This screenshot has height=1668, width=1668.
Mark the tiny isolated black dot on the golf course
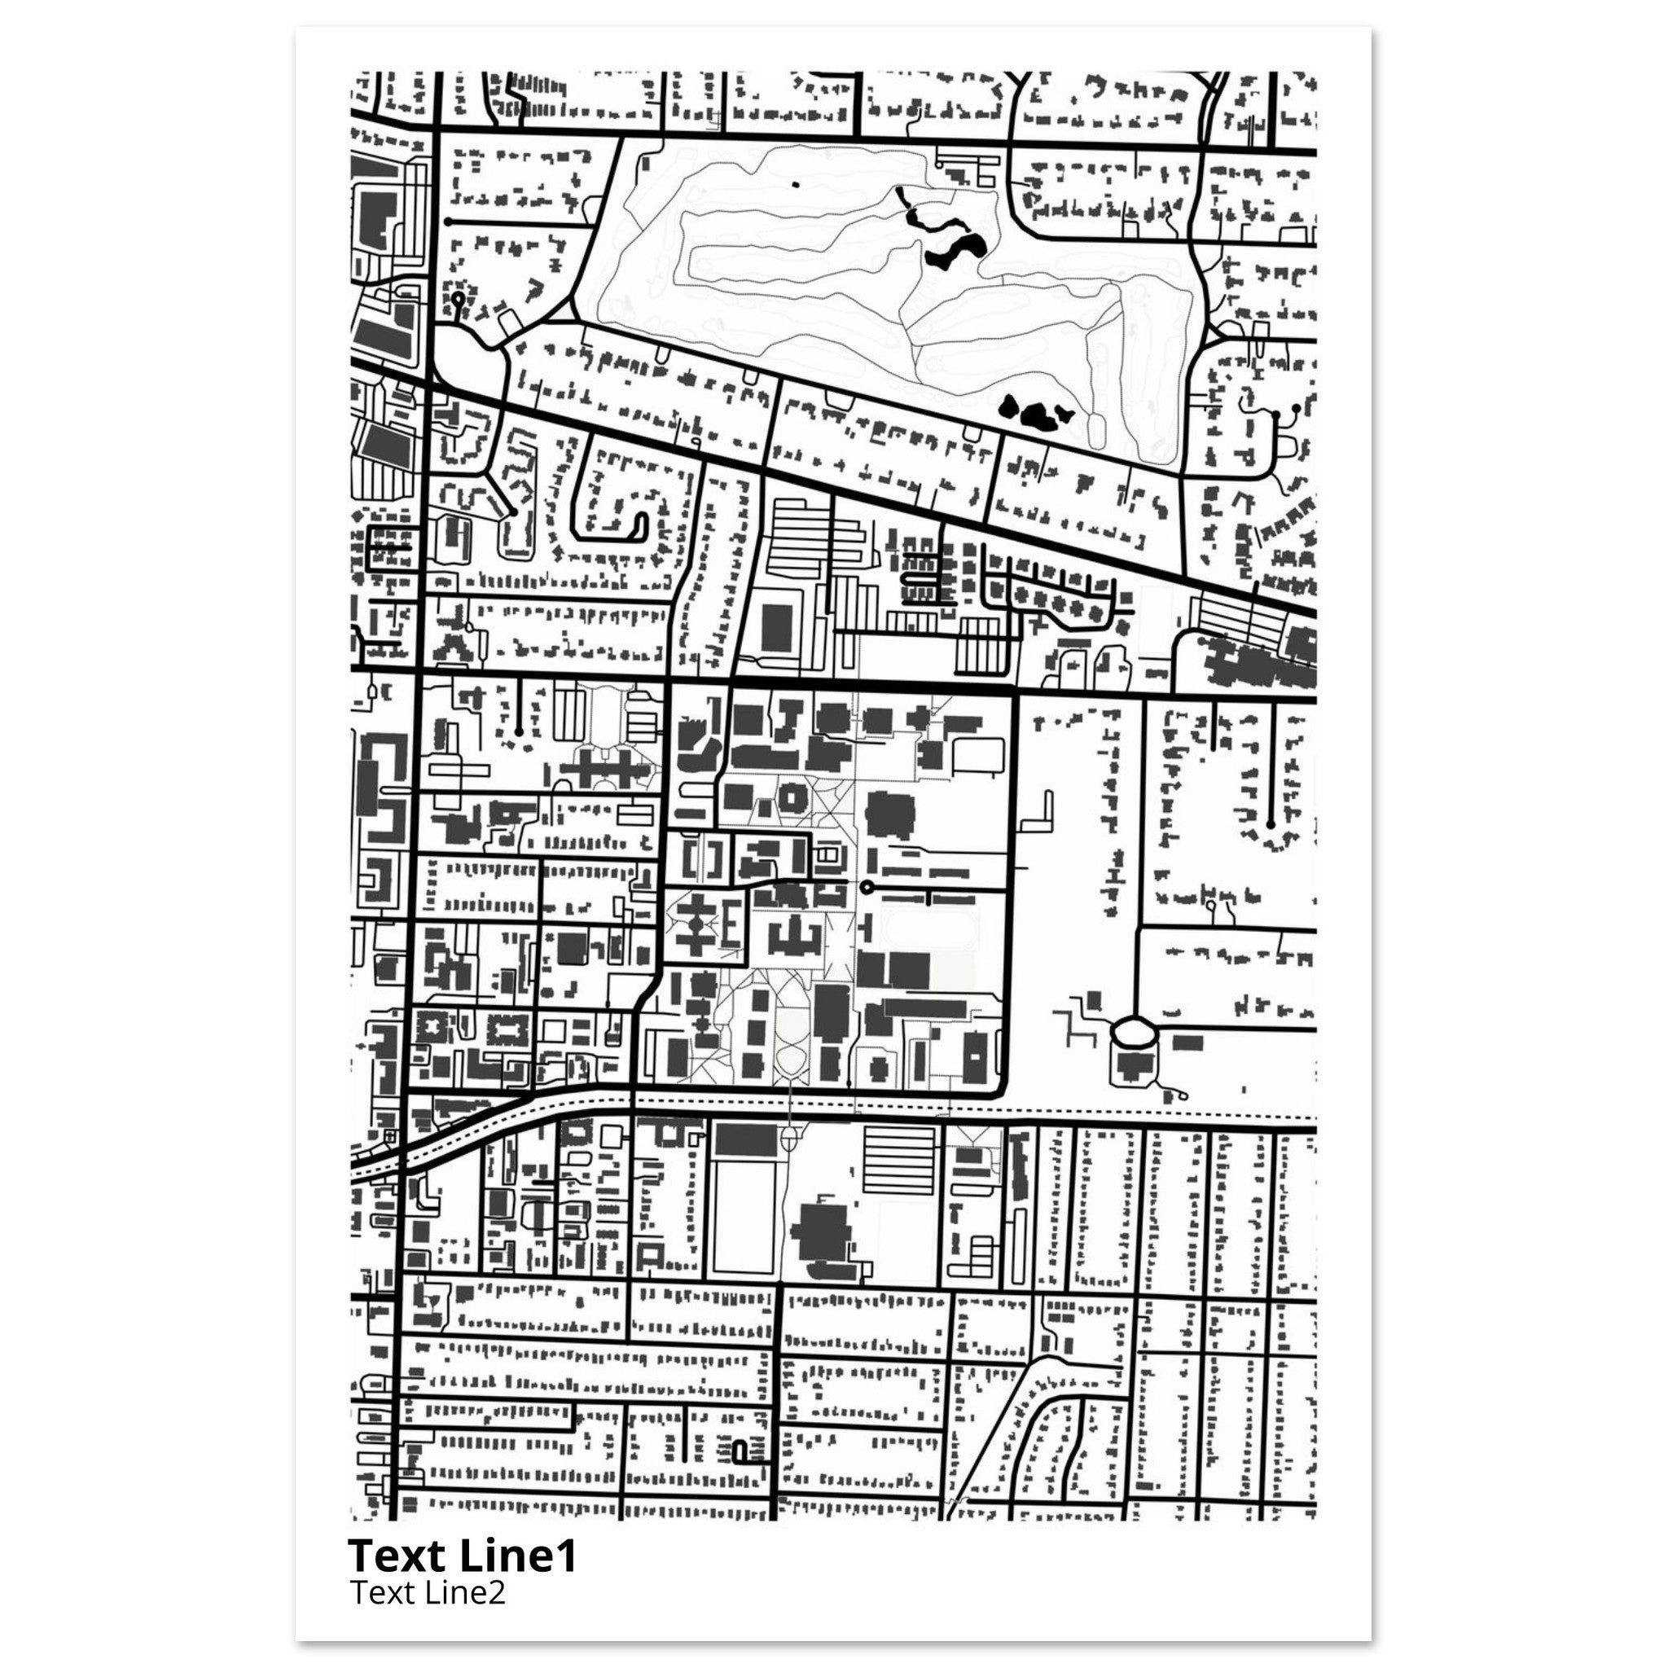[795, 184]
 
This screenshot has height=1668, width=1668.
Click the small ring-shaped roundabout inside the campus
[866, 888]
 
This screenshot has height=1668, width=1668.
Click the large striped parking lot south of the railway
[898, 1159]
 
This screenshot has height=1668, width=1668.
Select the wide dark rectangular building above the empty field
[747, 1140]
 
